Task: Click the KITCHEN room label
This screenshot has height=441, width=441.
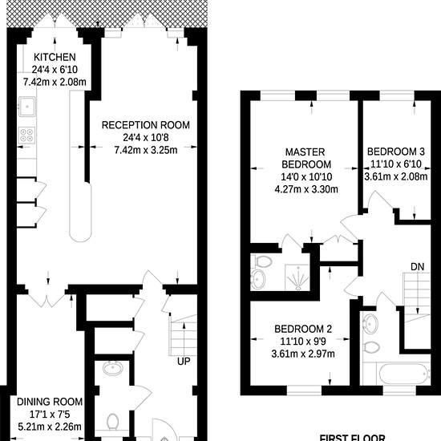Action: pyautogui.click(x=55, y=57)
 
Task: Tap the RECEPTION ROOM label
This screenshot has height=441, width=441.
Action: pyautogui.click(x=146, y=125)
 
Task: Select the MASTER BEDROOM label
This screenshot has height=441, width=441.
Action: pyautogui.click(x=306, y=158)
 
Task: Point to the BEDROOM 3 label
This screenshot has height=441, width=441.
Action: pyautogui.click(x=396, y=152)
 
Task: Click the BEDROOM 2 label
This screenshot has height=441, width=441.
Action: pyautogui.click(x=303, y=329)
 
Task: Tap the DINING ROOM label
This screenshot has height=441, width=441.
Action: pyautogui.click(x=50, y=402)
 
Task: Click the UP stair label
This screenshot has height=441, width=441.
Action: pyautogui.click(x=184, y=362)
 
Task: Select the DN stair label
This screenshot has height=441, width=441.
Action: pyautogui.click(x=418, y=267)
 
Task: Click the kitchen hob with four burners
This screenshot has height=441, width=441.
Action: pyautogui.click(x=27, y=136)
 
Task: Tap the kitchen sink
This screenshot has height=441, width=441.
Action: pyautogui.click(x=27, y=107)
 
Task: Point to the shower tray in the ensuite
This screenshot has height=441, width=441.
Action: pyautogui.click(x=297, y=277)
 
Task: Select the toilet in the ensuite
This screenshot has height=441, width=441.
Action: pyautogui.click(x=261, y=261)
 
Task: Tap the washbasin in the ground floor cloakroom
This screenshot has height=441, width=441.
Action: pyautogui.click(x=112, y=368)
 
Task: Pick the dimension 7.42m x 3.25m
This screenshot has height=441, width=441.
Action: pyautogui.click(x=146, y=150)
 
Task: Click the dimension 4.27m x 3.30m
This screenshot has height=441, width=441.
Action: pyautogui.click(x=306, y=189)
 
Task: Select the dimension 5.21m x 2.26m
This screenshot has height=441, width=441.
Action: pyautogui.click(x=50, y=427)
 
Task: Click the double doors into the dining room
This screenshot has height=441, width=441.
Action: pyautogui.click(x=47, y=300)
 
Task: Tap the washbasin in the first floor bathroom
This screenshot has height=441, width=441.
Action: pyautogui.click(x=370, y=323)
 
